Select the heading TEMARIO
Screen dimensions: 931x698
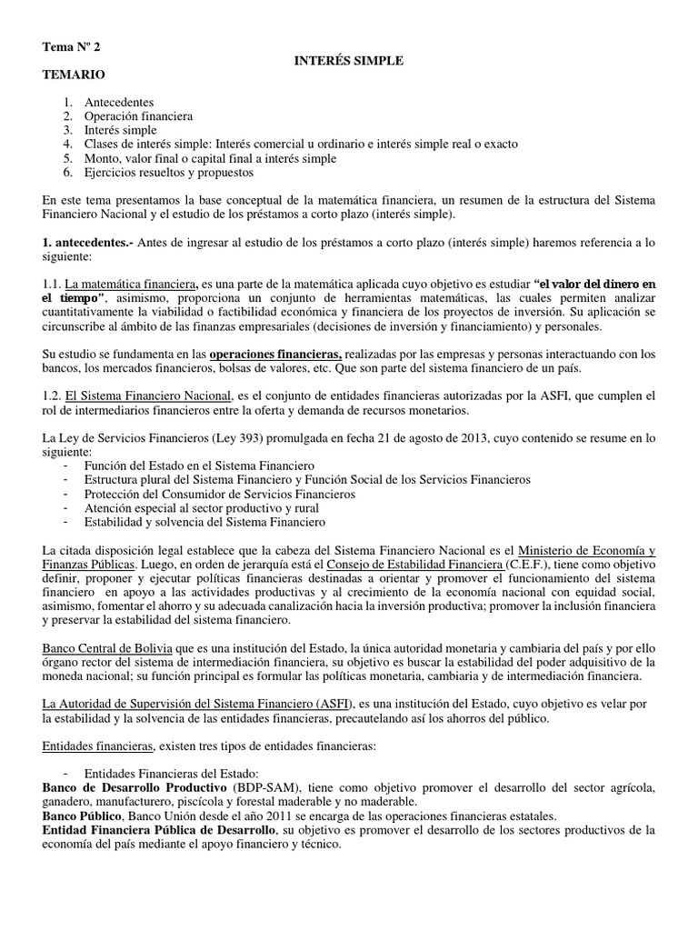pyautogui.click(x=74, y=75)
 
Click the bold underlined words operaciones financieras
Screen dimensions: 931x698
pyautogui.click(x=275, y=353)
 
